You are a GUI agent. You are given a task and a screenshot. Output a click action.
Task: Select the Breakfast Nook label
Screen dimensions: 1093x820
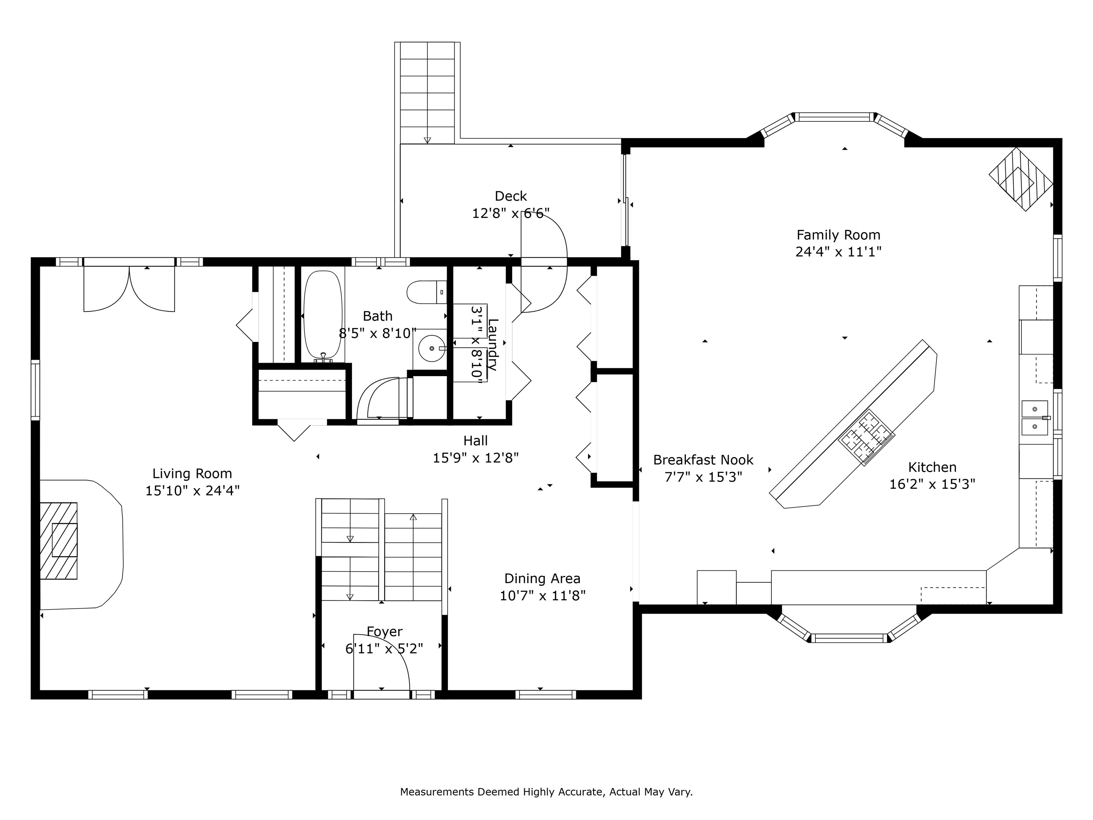pyautogui.click(x=703, y=460)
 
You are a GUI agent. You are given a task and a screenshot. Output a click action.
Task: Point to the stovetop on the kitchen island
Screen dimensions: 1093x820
pyautogui.click(x=866, y=437)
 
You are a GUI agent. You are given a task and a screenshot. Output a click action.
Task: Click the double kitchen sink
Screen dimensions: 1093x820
pyautogui.click(x=1035, y=418)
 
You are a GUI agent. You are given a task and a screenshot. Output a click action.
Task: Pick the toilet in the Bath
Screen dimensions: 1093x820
pyautogui.click(x=427, y=292)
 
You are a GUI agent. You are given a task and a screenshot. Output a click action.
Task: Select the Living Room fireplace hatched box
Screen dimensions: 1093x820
pyautogui.click(x=58, y=541)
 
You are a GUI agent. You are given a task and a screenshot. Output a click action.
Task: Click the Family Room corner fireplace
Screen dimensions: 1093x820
pyautogui.click(x=1021, y=179)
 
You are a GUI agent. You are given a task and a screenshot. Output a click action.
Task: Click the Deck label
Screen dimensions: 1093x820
pyautogui.click(x=511, y=196)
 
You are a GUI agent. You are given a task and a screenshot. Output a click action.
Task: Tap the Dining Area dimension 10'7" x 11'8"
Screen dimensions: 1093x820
pyautogui.click(x=543, y=595)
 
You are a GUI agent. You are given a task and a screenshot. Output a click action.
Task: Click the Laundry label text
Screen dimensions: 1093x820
pyautogui.click(x=493, y=345)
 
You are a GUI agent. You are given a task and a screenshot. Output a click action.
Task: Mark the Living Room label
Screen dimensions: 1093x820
pyautogui.click(x=192, y=473)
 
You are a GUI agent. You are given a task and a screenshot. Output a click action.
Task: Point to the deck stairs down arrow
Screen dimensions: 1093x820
pyautogui.click(x=427, y=140)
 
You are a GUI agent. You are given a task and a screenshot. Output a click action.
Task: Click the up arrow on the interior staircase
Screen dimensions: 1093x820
pyautogui.click(x=413, y=517)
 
